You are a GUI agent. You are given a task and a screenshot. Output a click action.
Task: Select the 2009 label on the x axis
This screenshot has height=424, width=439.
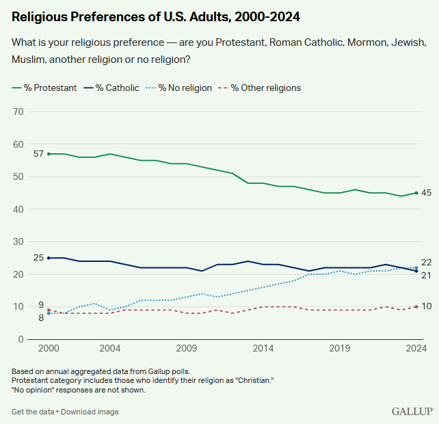(x=187, y=348)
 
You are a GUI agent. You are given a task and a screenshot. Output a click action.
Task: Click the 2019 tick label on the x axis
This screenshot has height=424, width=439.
(x=341, y=348)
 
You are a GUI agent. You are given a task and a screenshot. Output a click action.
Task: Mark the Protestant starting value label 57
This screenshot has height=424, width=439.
(x=39, y=154)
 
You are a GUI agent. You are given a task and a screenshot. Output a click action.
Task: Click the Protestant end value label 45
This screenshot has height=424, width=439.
(x=426, y=193)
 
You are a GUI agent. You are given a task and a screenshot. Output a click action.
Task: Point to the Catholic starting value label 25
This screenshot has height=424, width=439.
(x=39, y=258)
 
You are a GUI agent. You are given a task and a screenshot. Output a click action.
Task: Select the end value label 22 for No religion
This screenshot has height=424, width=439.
(x=426, y=263)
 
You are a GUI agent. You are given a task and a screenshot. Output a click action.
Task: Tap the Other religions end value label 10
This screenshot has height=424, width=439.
(x=426, y=306)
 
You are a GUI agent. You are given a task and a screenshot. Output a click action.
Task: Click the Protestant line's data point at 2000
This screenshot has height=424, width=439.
(x=49, y=154)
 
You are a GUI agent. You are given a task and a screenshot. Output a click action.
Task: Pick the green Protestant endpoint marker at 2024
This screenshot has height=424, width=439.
(x=416, y=193)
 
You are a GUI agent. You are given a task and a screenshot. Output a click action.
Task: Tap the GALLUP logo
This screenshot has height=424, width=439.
(x=412, y=411)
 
